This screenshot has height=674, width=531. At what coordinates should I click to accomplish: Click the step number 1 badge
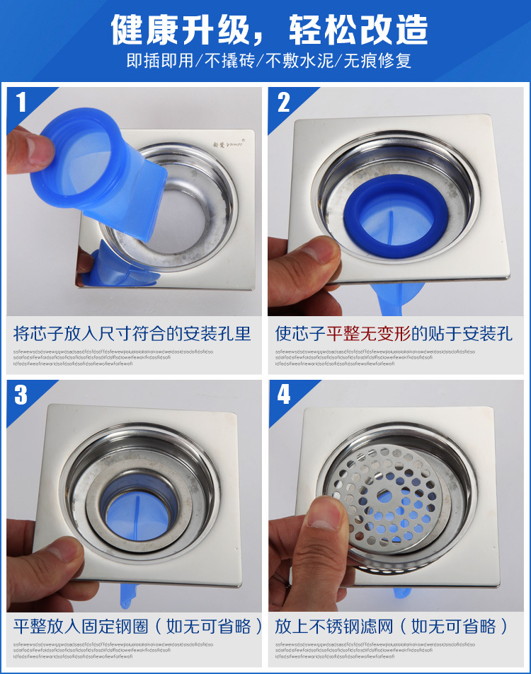21,103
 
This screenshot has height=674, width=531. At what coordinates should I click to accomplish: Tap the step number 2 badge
284,103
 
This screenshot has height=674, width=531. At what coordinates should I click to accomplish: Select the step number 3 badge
21,395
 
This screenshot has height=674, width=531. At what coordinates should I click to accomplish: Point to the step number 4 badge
284,395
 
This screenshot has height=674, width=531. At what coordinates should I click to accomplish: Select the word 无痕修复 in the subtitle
377,61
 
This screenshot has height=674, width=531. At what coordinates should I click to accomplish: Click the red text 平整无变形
368,333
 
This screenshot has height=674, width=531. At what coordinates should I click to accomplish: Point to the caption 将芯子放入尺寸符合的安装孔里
132,333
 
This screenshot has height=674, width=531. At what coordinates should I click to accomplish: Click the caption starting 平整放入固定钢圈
138,626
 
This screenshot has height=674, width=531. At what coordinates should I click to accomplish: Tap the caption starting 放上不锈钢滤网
392,626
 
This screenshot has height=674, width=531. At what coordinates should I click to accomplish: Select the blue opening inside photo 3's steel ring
138,506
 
